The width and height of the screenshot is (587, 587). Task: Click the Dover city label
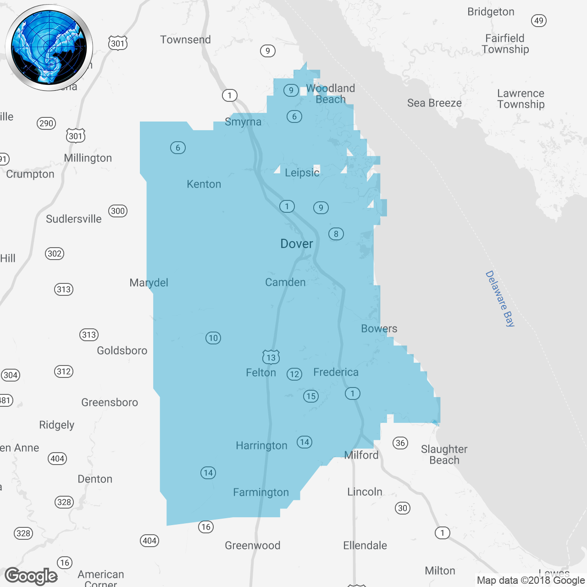coord(297,244)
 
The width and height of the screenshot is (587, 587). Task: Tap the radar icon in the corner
coord(49,48)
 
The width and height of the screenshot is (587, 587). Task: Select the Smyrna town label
coord(243,122)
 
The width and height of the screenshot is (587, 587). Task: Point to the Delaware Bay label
coord(500,299)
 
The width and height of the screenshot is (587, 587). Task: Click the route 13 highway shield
coord(271,357)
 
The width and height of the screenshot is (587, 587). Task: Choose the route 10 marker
coord(213,338)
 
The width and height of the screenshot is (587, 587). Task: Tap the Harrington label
coord(261,445)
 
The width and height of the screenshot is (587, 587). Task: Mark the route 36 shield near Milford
coord(400,443)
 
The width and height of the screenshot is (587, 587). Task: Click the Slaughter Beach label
coord(444,454)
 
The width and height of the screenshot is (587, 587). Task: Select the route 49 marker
coord(539,21)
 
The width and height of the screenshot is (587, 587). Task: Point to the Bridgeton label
coord(491,12)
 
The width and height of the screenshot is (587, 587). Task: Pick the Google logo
coord(31,576)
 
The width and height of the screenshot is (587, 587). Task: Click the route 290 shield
coord(46,123)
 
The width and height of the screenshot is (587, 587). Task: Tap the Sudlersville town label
coord(74,219)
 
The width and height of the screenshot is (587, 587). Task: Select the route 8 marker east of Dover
coord(336,234)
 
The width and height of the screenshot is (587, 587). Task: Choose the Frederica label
coord(336,372)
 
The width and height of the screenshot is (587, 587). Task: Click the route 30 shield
coord(403,508)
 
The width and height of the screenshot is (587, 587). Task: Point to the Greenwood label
coord(252,545)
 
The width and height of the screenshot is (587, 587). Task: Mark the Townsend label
coord(185,40)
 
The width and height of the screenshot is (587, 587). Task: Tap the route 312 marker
coord(64,371)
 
